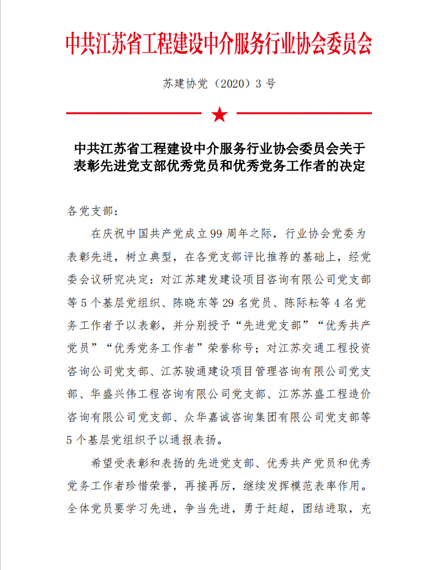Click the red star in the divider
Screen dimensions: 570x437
(218, 114)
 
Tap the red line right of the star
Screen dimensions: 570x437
(304, 113)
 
